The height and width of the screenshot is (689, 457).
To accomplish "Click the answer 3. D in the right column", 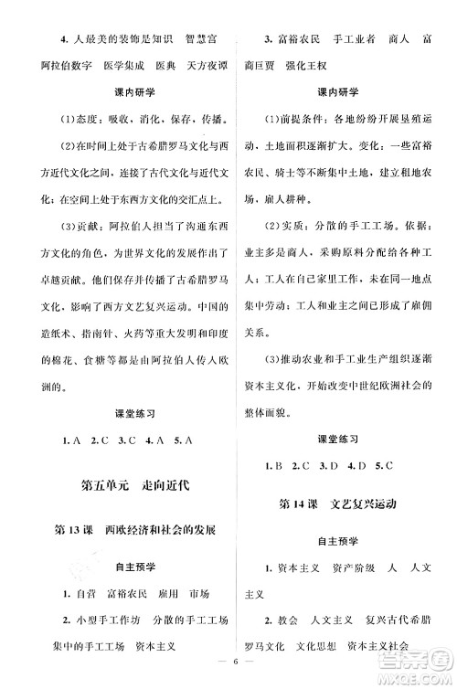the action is pos(327,466).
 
